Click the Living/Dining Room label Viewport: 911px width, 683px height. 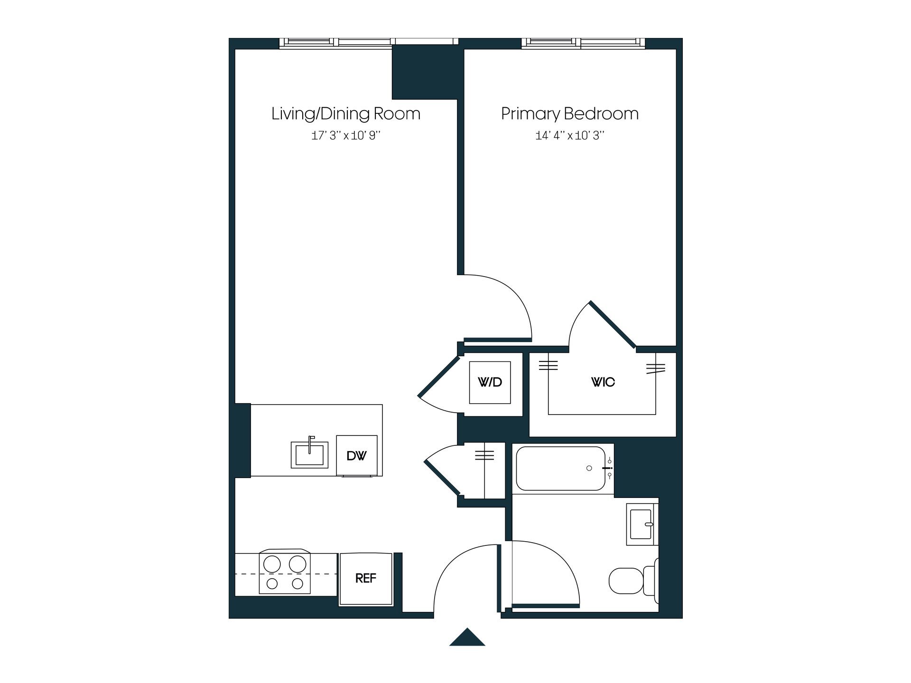(346, 114)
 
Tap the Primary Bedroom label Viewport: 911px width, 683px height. (570, 114)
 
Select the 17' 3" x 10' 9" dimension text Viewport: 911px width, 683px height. (346, 136)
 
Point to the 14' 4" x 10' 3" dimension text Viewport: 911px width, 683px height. (570, 136)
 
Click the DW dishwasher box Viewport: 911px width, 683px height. (357, 456)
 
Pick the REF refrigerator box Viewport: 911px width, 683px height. (366, 579)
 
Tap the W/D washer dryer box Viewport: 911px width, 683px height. (490, 382)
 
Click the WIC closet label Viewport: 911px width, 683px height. (603, 382)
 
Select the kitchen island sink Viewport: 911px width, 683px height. (310, 454)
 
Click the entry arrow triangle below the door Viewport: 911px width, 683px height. (467, 638)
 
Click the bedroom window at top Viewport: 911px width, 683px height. (584, 43)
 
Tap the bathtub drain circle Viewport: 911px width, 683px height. (589, 468)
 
